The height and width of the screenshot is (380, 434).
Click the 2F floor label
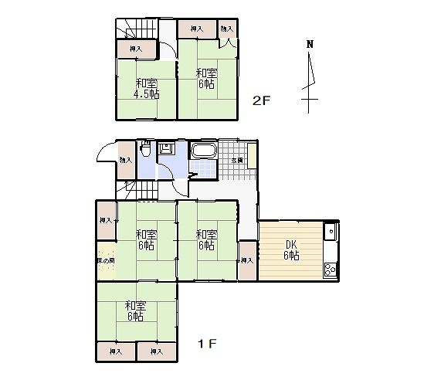pyautogui.click(x=262, y=100)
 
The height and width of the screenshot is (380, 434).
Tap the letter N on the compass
pyautogui.click(x=309, y=44)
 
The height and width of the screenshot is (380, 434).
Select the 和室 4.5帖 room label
pyautogui.click(x=147, y=89)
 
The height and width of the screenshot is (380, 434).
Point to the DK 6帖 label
pyautogui.click(x=290, y=251)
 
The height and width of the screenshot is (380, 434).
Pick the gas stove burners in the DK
pyautogui.click(x=330, y=270)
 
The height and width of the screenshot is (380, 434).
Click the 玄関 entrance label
pyautogui.click(x=237, y=160)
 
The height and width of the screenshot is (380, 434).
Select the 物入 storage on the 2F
pyautogui.click(x=226, y=29)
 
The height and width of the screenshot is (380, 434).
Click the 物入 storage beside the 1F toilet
pyautogui.click(x=125, y=160)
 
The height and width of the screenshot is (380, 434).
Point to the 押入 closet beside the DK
pyautogui.click(x=246, y=261)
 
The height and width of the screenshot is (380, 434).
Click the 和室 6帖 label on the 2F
pyautogui.click(x=206, y=79)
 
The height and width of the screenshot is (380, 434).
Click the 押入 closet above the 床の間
pyautogui.click(x=106, y=221)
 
